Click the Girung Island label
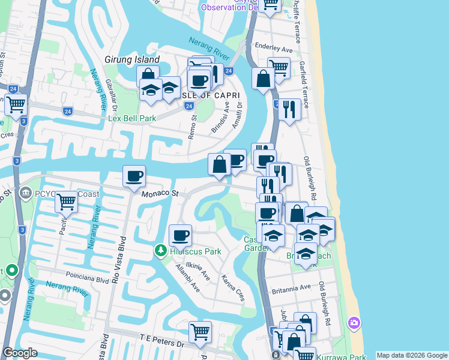pyautogui.click(x=131, y=59)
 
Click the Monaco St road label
pyautogui.click(x=160, y=194)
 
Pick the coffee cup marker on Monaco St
pyautogui.click(x=134, y=176)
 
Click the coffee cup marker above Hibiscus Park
pyautogui.click(x=179, y=235)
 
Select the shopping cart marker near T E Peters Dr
pyautogui.click(x=200, y=331)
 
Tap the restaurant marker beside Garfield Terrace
pyautogui.click(x=289, y=109)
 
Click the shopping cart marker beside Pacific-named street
pyautogui.click(x=66, y=201)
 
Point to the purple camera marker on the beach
pyautogui.click(x=354, y=323)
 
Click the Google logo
pyautogui.click(x=20, y=353)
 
